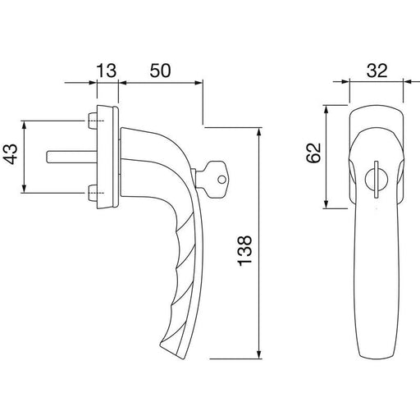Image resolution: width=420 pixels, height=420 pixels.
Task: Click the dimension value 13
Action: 107,71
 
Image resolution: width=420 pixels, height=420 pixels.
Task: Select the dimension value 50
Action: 160,71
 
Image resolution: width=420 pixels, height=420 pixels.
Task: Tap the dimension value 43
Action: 11,154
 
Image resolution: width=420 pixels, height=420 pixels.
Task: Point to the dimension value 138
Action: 244,250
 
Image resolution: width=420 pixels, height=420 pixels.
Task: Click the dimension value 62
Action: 313,153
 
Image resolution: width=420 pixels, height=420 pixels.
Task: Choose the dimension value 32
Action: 377,71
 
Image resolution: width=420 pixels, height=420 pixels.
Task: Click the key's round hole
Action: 221,180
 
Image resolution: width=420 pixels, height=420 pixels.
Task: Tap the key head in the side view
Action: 215,179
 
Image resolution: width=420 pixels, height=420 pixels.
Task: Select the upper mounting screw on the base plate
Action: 93,121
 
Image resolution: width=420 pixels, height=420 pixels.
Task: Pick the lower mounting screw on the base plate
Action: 93,193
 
